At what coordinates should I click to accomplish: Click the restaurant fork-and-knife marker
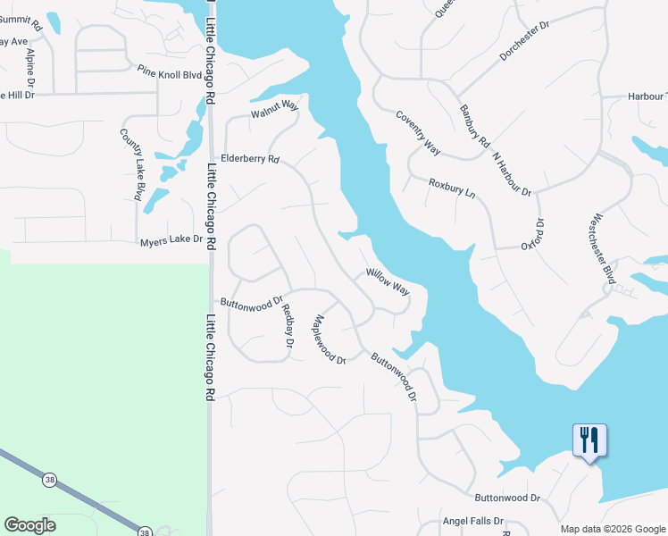[589, 441]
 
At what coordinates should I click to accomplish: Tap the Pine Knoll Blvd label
[170, 72]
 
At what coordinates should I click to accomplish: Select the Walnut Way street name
[273, 110]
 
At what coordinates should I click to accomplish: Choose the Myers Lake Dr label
[171, 241]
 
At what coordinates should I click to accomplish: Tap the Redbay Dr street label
[288, 325]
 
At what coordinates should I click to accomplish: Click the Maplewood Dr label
[329, 339]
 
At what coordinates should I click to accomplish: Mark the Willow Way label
[388, 283]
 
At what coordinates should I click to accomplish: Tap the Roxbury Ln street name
[452, 187]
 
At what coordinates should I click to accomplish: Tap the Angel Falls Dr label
[473, 521]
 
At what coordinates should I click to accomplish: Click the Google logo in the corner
[30, 525]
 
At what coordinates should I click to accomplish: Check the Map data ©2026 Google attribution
[612, 529]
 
